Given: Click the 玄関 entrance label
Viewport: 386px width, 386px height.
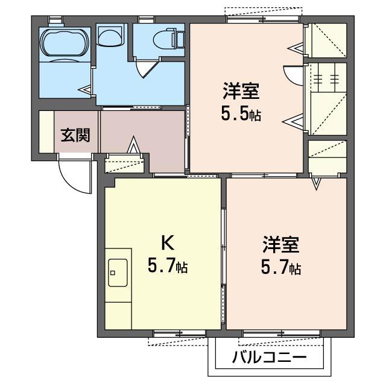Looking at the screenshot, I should tap(75, 134).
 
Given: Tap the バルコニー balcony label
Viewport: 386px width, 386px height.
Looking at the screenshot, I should tap(269, 358).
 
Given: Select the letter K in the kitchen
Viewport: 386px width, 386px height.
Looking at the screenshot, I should tap(167, 242).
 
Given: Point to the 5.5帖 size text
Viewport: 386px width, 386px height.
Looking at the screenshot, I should tap(241, 113).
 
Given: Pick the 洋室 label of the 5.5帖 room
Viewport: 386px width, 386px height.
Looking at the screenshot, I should tap(241, 92).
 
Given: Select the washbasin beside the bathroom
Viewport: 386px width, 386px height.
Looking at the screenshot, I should tap(110, 37).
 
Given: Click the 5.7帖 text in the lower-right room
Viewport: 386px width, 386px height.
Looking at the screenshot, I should tap(281, 267).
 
